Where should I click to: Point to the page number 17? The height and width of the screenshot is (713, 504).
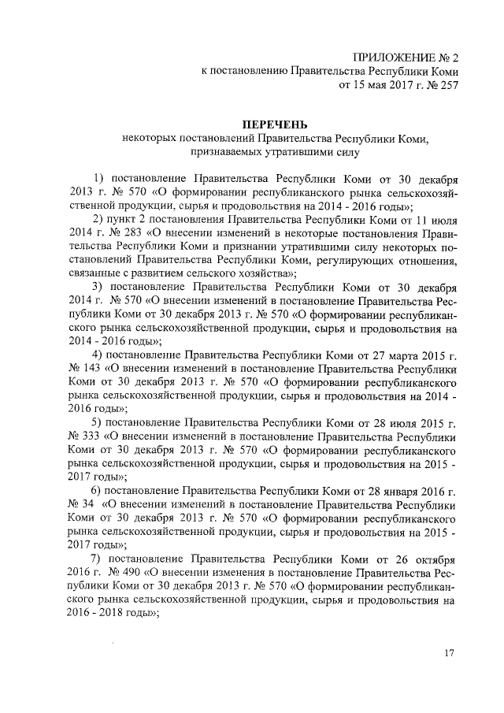450,653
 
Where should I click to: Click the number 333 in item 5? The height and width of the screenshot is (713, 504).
88,437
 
